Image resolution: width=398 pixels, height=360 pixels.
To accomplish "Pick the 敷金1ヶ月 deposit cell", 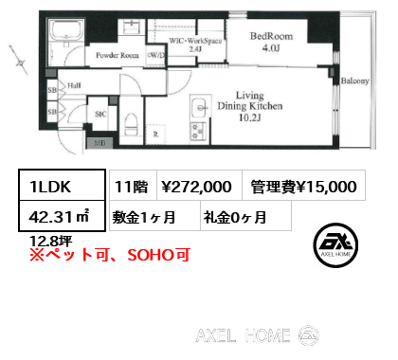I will (x=149, y=216).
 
